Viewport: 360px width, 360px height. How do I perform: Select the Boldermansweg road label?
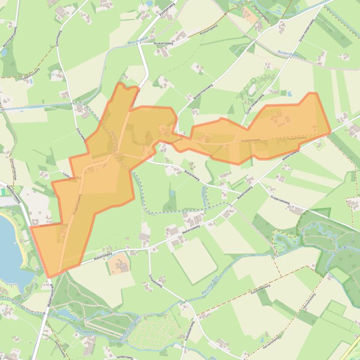pyautogui.click(x=203, y=92)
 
